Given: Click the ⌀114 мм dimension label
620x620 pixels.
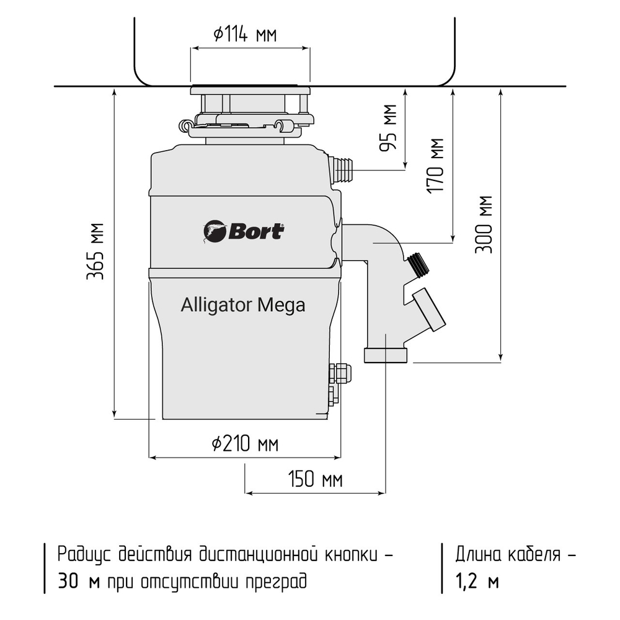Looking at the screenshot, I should click(x=245, y=35).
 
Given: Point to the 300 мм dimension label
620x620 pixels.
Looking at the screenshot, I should click(x=484, y=224).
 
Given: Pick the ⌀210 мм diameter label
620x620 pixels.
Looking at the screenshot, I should click(x=244, y=444).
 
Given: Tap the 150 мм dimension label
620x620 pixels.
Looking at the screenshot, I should click(x=315, y=479).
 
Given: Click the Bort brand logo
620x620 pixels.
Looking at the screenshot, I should click(x=244, y=231).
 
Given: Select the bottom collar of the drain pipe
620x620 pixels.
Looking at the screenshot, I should click(x=386, y=355).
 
